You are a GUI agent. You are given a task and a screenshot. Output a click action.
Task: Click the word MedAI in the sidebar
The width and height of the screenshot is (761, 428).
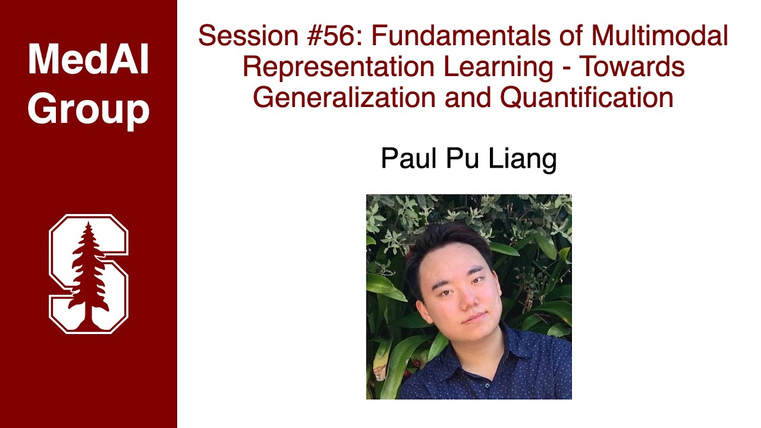(x=88, y=59)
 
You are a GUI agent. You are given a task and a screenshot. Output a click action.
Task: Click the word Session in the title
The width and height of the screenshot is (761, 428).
(x=244, y=36)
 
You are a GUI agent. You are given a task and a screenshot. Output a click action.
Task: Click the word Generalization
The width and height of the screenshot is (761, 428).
(x=344, y=97)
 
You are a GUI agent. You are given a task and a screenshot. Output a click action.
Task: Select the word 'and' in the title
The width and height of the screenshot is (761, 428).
(x=468, y=97)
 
